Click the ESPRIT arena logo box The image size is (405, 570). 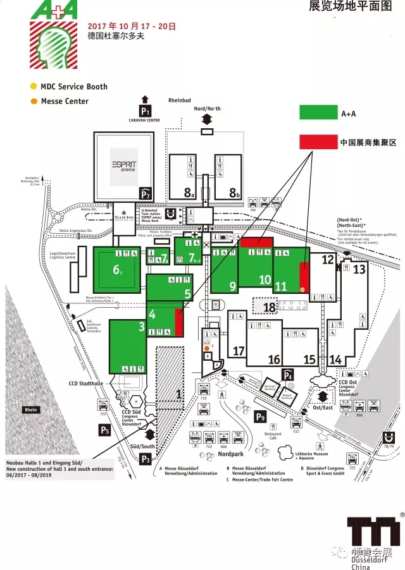124,159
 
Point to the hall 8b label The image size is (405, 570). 235,193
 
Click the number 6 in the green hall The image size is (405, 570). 117,270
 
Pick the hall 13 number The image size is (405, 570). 359,269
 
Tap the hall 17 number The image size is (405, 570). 239,351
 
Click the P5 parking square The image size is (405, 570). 104,430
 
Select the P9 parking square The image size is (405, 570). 260,417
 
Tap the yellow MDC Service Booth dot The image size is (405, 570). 33,87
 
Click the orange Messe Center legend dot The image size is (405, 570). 33,101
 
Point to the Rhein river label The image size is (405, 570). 30,410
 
